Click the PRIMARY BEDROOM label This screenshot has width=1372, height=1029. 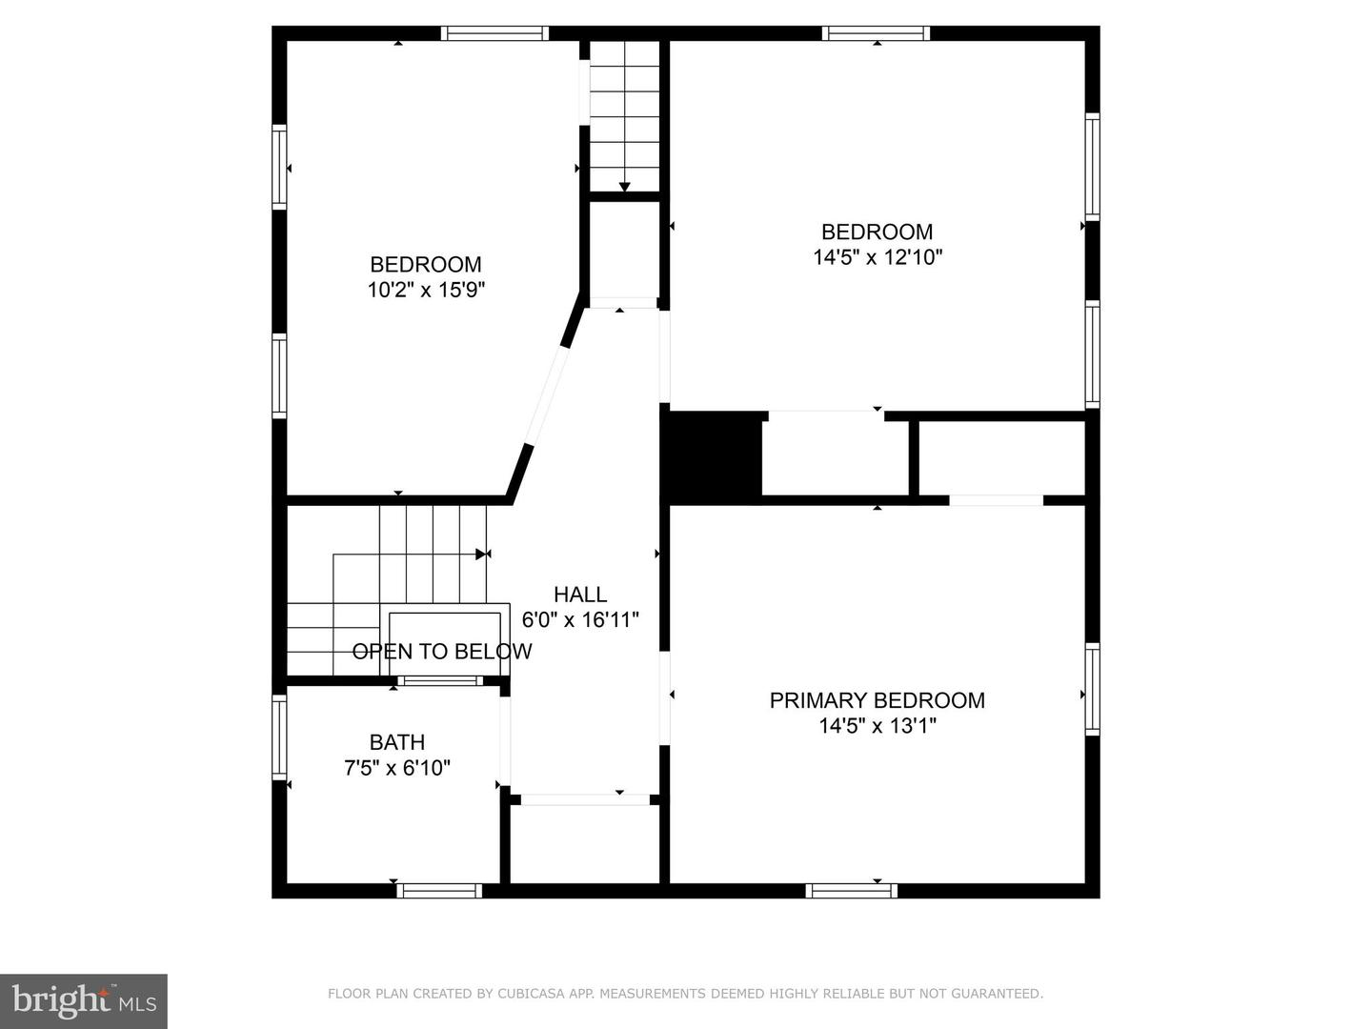point(877,700)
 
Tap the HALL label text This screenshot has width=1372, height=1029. point(580,595)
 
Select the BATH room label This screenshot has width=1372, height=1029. point(397,742)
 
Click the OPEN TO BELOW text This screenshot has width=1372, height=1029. point(442,652)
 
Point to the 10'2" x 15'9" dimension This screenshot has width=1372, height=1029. point(427,290)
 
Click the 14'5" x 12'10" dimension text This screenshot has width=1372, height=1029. point(878,257)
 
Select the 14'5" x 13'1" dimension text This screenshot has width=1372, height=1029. point(878,726)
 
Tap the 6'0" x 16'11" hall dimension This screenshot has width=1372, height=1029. point(580,619)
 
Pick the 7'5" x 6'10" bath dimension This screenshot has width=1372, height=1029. point(397,767)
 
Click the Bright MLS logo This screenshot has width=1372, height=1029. point(84,1000)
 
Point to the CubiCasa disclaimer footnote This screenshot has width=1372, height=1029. point(685,994)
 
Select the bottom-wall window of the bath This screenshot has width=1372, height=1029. point(439,891)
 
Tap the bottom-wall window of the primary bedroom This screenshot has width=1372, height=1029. point(851,891)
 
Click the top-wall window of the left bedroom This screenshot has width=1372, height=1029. point(494,33)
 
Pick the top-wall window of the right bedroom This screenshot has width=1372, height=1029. point(876,33)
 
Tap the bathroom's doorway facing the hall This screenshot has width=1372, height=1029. point(506,740)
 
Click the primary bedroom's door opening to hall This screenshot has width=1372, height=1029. point(665,697)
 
